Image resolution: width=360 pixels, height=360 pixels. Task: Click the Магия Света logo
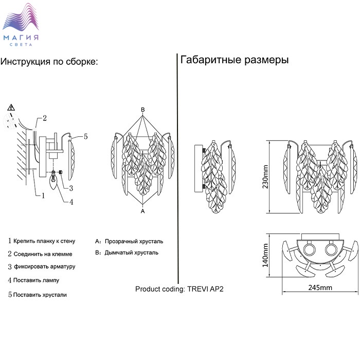(21, 24)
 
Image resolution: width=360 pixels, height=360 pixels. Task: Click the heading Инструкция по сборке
(49, 62)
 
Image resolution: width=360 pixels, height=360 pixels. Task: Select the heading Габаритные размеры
(235, 60)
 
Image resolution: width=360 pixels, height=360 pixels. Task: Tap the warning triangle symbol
(11, 107)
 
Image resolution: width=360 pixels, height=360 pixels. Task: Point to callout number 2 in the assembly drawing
(45, 118)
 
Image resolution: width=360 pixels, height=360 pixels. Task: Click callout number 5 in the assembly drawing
(86, 137)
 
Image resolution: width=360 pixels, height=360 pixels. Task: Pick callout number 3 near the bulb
(71, 188)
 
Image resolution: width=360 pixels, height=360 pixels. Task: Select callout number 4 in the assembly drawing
(71, 202)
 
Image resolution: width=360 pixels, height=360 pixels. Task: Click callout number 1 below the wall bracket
(43, 195)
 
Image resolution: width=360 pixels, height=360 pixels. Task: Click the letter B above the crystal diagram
(143, 110)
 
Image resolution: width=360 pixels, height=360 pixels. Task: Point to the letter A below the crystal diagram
(143, 211)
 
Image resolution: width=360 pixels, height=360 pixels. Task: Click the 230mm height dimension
(265, 177)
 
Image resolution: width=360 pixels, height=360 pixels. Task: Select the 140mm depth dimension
(265, 255)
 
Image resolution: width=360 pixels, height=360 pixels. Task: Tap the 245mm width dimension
(320, 287)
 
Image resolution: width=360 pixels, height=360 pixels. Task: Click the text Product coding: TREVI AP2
(179, 289)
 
